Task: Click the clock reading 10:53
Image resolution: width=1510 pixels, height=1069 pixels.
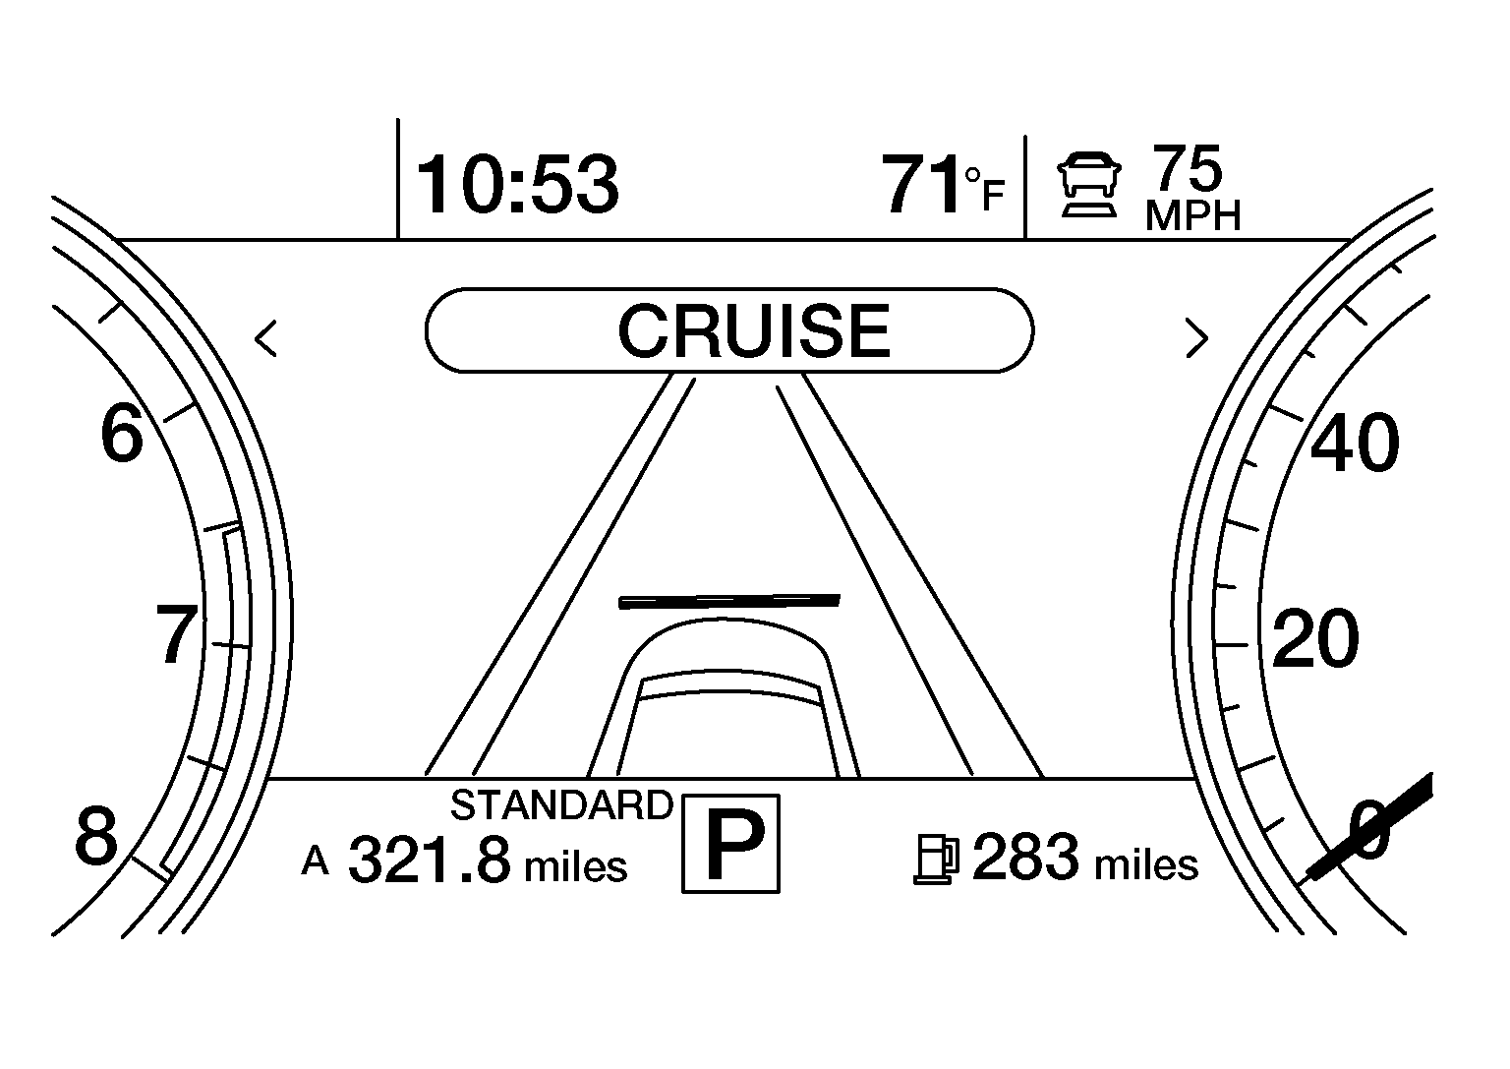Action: pyautogui.click(x=517, y=184)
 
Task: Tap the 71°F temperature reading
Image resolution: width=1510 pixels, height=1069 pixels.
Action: pyautogui.click(x=943, y=184)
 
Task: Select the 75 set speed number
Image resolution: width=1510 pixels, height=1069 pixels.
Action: pyautogui.click(x=1188, y=168)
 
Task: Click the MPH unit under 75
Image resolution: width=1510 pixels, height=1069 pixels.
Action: pyautogui.click(x=1192, y=215)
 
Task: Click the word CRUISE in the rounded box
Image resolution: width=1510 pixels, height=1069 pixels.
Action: pyautogui.click(x=754, y=330)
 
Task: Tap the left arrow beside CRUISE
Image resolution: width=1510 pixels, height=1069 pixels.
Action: pyautogui.click(x=265, y=338)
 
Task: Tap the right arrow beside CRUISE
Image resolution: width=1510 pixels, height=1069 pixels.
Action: pyautogui.click(x=1196, y=338)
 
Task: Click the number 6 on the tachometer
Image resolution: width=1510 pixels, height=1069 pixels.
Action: pyautogui.click(x=122, y=434)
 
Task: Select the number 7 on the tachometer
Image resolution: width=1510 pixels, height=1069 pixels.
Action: pyautogui.click(x=177, y=633)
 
